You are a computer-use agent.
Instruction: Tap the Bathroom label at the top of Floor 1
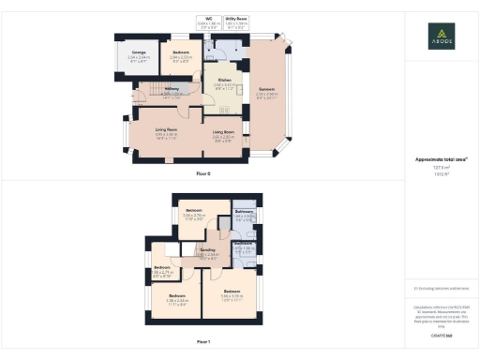point(245,214)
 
